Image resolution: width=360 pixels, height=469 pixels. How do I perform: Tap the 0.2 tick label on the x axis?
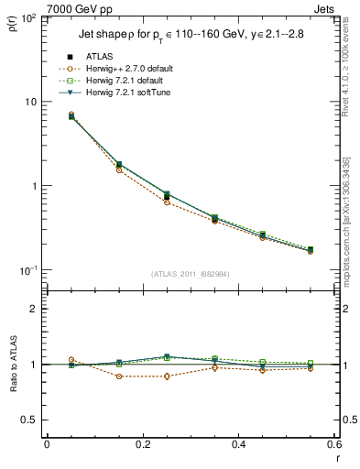pos(142,444)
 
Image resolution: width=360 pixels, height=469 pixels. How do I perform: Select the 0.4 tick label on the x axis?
pos(238,444)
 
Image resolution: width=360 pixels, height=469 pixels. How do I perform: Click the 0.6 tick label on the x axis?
pos(333,444)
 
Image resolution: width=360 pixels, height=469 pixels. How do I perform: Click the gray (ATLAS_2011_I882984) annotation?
pos(191,275)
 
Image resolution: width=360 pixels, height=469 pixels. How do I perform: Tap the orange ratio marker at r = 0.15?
pos(119,376)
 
